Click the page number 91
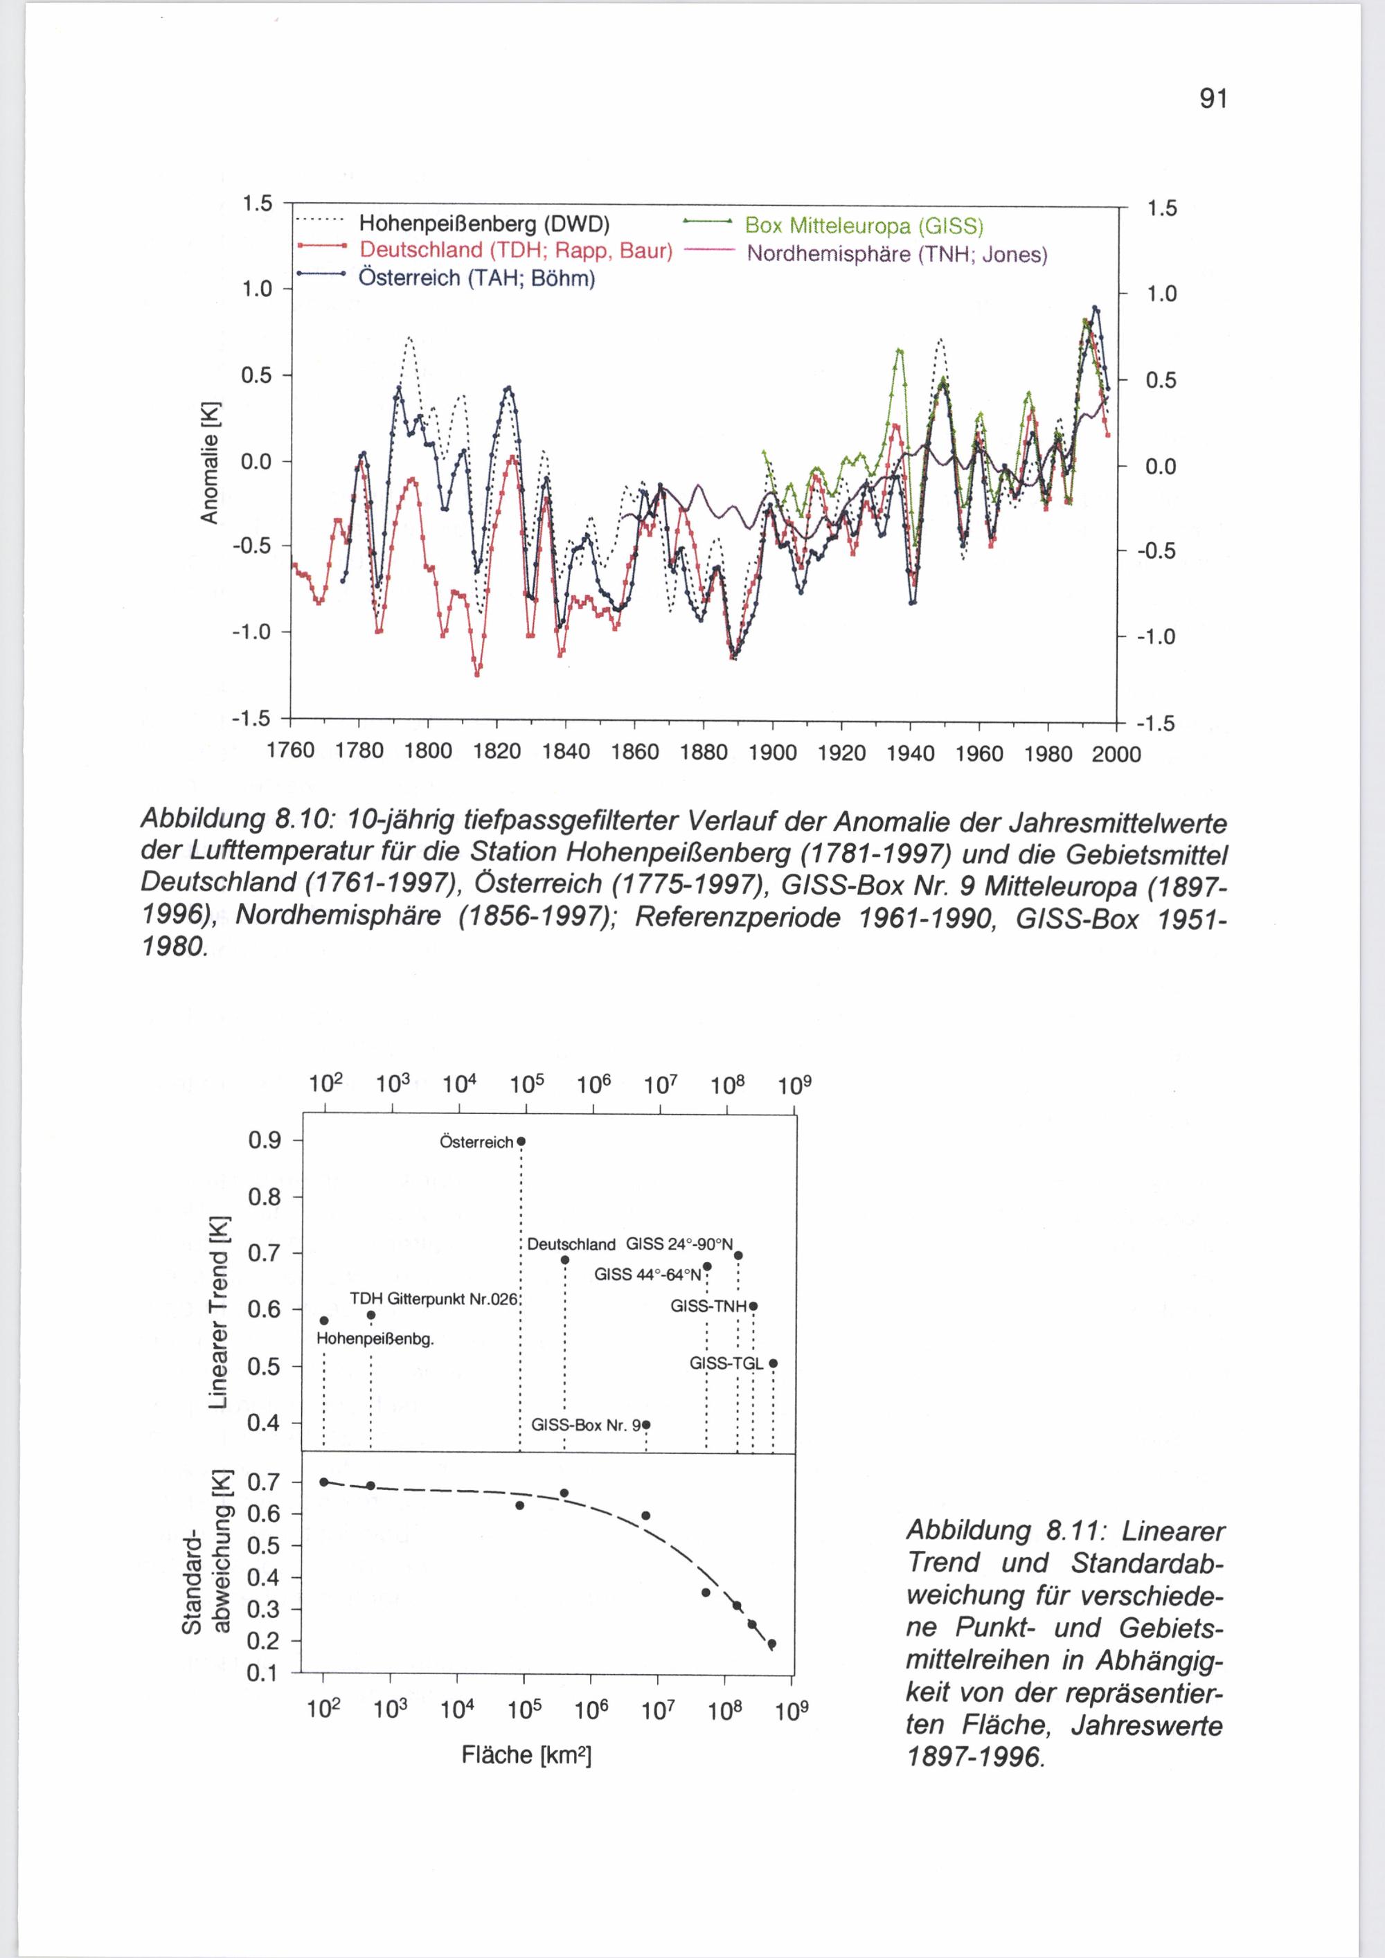point(1213,100)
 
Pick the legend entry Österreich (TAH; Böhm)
point(476,278)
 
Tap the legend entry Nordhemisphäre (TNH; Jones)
point(896,254)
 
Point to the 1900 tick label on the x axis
point(772,753)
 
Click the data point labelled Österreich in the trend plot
point(521,1141)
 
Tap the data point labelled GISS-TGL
point(773,1363)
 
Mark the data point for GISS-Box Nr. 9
point(645,1424)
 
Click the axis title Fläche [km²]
point(526,1754)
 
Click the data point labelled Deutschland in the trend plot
point(564,1259)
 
